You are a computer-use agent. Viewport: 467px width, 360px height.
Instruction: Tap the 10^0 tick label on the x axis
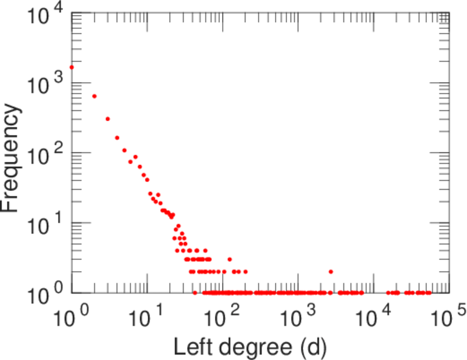[75, 318]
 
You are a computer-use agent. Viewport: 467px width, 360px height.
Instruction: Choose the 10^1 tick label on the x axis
[150, 318]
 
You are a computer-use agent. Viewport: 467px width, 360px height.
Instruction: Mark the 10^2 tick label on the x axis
[225, 318]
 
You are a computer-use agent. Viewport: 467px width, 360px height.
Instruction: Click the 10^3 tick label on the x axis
[300, 318]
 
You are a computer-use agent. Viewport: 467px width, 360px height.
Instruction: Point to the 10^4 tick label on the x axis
[375, 318]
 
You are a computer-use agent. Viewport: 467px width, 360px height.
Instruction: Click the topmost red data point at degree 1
[71, 67]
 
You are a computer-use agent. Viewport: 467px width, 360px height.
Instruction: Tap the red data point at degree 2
[94, 96]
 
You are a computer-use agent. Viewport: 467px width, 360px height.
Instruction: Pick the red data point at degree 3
[107, 119]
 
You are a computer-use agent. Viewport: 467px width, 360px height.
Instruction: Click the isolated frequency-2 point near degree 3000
[331, 272]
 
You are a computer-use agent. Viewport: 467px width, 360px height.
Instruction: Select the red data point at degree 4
[117, 137]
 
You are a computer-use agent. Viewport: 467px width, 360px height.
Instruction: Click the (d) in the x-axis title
[317, 346]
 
